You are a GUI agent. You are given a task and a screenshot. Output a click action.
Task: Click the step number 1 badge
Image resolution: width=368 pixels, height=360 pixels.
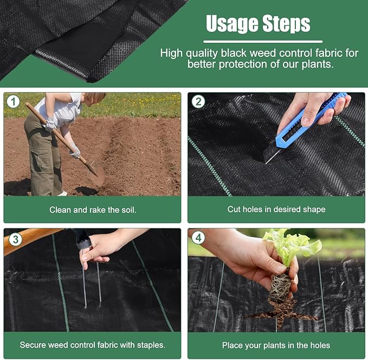click(x=12, y=101)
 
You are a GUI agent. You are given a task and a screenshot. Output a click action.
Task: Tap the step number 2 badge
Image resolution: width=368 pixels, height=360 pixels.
click(x=198, y=101)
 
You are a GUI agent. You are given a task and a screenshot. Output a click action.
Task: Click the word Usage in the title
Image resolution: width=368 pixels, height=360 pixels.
click(x=232, y=24)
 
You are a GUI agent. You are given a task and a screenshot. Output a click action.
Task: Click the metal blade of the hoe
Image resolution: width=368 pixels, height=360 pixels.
click(x=97, y=175)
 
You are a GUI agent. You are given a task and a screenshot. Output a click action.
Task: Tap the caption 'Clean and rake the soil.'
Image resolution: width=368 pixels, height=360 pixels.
click(x=92, y=210)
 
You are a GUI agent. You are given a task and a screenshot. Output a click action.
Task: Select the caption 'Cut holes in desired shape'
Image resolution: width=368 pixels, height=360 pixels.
click(x=276, y=210)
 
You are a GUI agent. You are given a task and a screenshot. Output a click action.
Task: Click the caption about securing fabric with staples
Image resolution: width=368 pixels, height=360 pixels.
click(x=92, y=345)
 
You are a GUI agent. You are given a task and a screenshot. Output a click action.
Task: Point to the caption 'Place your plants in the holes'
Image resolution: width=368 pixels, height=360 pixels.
click(x=276, y=345)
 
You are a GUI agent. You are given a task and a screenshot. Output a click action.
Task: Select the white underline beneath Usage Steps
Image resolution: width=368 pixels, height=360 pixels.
click(x=262, y=41)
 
